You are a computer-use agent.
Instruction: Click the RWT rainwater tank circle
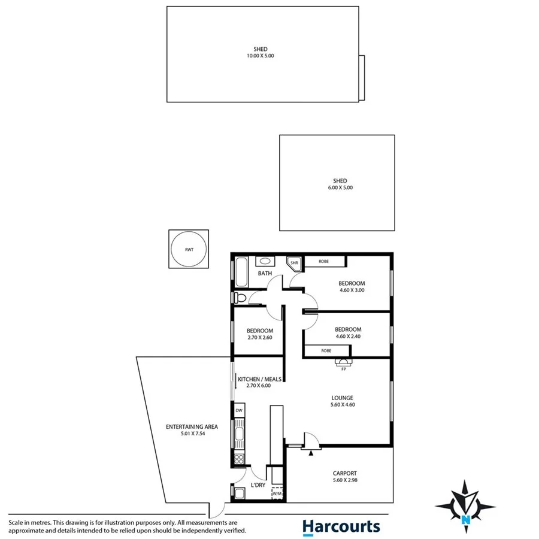[x=189, y=249]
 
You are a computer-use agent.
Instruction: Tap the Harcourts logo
[x=341, y=526]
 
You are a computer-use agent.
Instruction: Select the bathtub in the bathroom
[x=241, y=272]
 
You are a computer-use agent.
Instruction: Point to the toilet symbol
[x=240, y=298]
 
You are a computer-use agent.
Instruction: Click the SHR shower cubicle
[x=294, y=264]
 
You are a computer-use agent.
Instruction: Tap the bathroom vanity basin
[x=264, y=261]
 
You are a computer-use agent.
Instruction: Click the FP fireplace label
[x=344, y=369]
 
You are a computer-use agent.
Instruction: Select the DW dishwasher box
[x=239, y=410]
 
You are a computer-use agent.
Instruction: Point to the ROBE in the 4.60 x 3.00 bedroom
[x=324, y=261]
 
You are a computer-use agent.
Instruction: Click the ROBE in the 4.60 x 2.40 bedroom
[x=326, y=350]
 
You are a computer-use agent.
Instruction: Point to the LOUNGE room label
[x=343, y=398]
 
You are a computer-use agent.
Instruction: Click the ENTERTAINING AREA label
[x=192, y=427]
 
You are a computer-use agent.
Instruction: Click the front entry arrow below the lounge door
[x=310, y=453]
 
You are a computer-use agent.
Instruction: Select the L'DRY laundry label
[x=258, y=485]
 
